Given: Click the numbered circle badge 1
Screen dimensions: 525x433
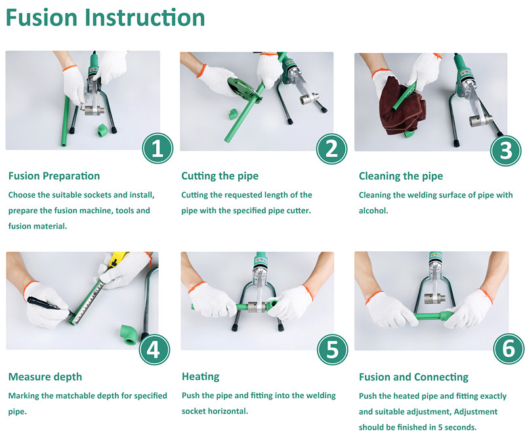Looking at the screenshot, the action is tap(157, 148).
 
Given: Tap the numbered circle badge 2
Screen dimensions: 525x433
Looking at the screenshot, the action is tap(331, 148).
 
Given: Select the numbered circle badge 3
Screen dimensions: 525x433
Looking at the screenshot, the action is tap(505, 151).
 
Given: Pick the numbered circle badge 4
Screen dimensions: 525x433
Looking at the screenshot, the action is tap(154, 350).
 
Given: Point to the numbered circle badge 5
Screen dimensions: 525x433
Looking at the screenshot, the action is tap(333, 350).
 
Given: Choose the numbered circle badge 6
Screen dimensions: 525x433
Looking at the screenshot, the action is tap(509, 349).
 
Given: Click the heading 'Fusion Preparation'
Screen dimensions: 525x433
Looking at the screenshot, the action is tap(54, 176).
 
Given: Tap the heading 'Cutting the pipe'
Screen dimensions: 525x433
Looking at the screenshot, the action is tap(220, 176).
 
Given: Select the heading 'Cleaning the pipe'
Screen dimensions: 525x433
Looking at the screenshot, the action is tap(401, 176).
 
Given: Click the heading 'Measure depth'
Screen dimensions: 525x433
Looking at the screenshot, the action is tap(45, 377).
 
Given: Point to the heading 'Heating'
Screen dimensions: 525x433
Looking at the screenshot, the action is tap(201, 377).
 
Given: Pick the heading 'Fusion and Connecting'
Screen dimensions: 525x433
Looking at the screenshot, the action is tap(413, 377).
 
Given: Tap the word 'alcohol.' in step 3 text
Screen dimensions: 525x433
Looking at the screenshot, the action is tap(373, 211).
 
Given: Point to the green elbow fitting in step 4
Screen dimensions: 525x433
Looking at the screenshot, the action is tap(128, 335).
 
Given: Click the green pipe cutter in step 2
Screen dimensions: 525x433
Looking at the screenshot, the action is tap(243, 89).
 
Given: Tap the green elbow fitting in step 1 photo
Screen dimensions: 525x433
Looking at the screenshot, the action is tap(102, 130).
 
